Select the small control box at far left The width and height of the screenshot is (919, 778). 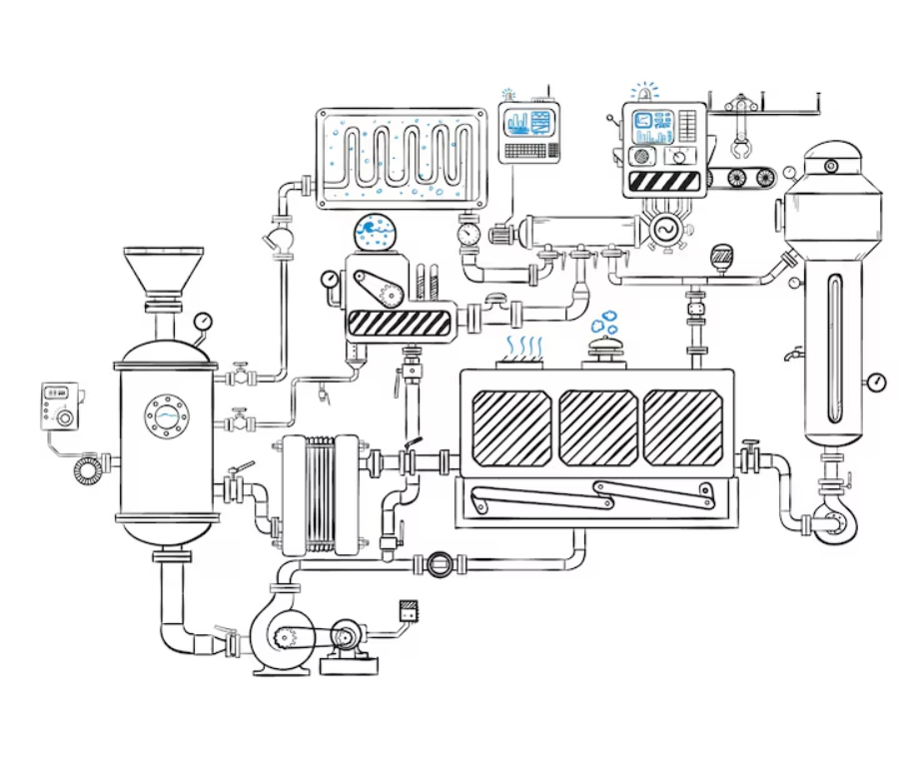tap(59, 405)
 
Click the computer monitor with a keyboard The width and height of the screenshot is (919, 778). tap(529, 130)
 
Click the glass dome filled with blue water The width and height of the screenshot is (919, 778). tap(376, 234)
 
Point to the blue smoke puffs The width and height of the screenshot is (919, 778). tap(603, 322)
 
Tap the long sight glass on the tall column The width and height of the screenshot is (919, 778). tap(834, 345)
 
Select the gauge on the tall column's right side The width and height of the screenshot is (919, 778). tap(876, 381)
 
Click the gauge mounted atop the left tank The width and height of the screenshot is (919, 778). tap(204, 322)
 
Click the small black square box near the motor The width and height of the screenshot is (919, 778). tap(408, 608)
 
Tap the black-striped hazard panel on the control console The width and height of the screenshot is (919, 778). tap(663, 182)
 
